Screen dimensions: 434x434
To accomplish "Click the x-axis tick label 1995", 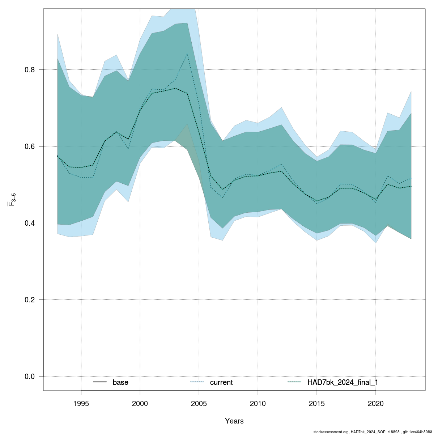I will [81, 403].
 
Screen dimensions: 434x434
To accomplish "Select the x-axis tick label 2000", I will [140, 403].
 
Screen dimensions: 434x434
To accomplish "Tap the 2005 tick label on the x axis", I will [199, 403].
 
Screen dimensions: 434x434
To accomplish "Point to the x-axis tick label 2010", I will [258, 403].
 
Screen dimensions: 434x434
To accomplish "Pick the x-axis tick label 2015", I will [317, 403].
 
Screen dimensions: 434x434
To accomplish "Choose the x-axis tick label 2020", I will [376, 403].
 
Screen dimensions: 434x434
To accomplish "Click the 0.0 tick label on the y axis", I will [30, 376].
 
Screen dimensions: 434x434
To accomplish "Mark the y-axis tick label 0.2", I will [30, 300].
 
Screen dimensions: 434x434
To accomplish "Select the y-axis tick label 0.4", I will [30, 223].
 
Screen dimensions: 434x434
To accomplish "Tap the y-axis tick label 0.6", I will [30, 146].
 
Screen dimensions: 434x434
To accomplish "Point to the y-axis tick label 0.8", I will [30, 70].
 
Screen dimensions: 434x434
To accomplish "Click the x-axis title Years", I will [234, 421].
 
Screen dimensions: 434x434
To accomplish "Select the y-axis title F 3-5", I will [12, 200].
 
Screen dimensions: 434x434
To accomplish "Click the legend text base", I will [120, 382].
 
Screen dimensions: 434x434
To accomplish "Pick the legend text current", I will [221, 382].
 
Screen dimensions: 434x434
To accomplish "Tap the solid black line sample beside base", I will [100, 382].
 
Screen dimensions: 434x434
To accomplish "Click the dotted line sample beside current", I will [197, 382].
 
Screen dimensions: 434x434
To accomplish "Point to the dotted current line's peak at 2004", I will [187, 54].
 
